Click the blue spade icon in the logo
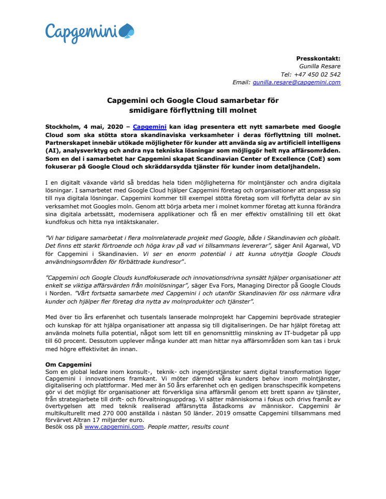pos(126,32)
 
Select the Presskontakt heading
pos(318,58)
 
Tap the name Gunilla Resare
pos(320,66)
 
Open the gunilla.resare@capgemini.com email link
pos(296,82)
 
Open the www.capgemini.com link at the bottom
pos(114,427)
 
